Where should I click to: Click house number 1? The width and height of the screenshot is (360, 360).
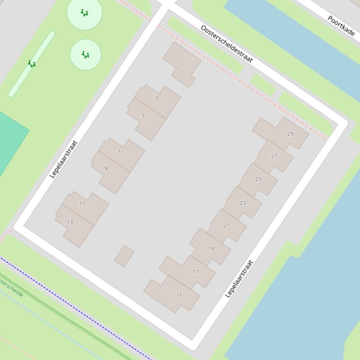point(182,65)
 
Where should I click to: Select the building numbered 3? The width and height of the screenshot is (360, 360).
point(156,98)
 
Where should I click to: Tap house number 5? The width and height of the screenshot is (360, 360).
point(143,115)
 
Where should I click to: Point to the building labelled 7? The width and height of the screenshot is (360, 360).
point(119,151)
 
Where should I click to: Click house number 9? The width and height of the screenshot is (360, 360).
point(106,168)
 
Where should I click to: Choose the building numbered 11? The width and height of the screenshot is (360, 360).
point(82,203)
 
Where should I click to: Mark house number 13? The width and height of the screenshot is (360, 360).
point(70,222)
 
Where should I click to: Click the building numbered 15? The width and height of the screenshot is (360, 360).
point(179,295)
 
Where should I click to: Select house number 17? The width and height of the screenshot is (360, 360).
point(196,271)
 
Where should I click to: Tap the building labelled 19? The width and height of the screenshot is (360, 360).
point(211,249)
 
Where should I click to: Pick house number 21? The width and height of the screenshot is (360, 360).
point(227,225)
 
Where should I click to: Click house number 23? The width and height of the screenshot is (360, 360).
point(242,203)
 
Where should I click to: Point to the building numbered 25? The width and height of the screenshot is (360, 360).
point(258,179)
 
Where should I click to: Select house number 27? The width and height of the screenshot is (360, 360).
point(274,156)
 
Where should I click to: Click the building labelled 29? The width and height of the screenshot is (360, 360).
point(290,134)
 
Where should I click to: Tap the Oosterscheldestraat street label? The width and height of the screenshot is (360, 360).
point(227,43)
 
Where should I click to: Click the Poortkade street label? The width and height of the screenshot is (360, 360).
point(341,26)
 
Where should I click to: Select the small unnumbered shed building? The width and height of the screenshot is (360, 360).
point(124,256)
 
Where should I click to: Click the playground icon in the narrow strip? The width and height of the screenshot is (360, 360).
point(31,64)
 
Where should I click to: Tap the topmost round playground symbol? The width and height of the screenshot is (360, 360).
point(85,13)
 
